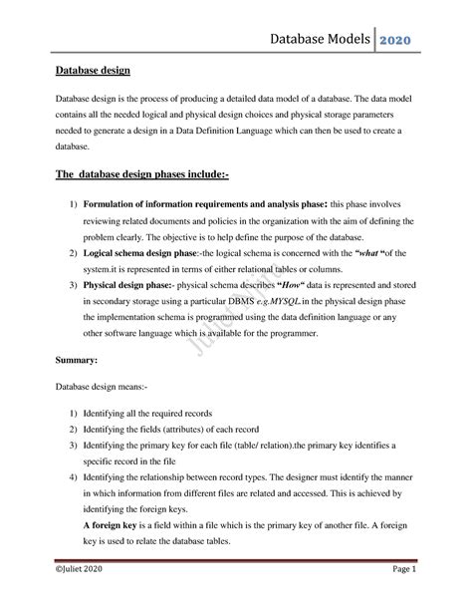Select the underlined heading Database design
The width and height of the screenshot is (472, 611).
86,72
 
